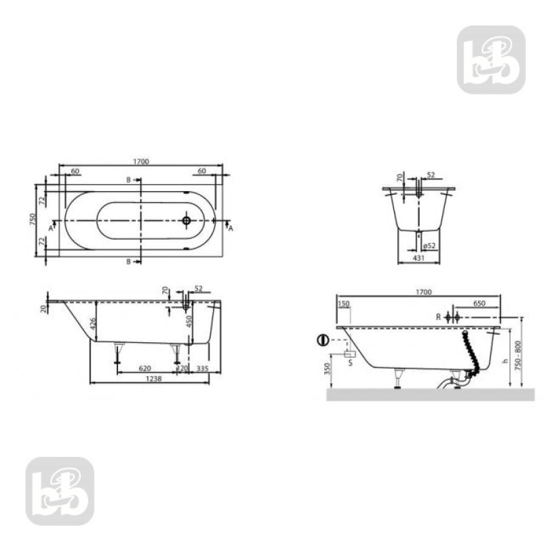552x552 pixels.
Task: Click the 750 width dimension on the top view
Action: pyautogui.click(x=32, y=219)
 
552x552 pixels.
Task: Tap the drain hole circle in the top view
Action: pyautogui.click(x=186, y=221)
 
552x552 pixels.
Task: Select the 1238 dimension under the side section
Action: pyautogui.click(x=155, y=379)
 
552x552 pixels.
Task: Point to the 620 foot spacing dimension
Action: pyautogui.click(x=145, y=368)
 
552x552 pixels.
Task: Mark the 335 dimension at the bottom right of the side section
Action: pyautogui.click(x=202, y=368)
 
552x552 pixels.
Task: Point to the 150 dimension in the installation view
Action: pyautogui.click(x=344, y=303)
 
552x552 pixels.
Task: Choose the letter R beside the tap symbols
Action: pyautogui.click(x=438, y=317)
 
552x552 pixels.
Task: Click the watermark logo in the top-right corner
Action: pyautogui.click(x=491, y=60)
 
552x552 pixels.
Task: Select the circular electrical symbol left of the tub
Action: pyautogui.click(x=322, y=340)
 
